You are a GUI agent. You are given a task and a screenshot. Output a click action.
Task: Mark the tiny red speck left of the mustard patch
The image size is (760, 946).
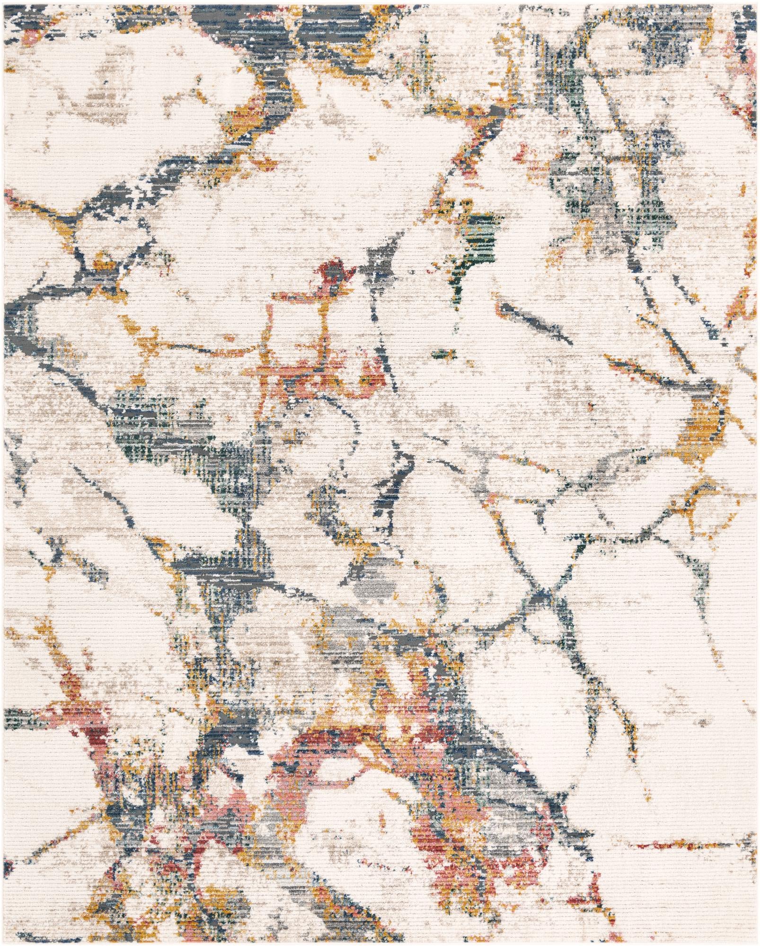pyautogui.click(x=590, y=406)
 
